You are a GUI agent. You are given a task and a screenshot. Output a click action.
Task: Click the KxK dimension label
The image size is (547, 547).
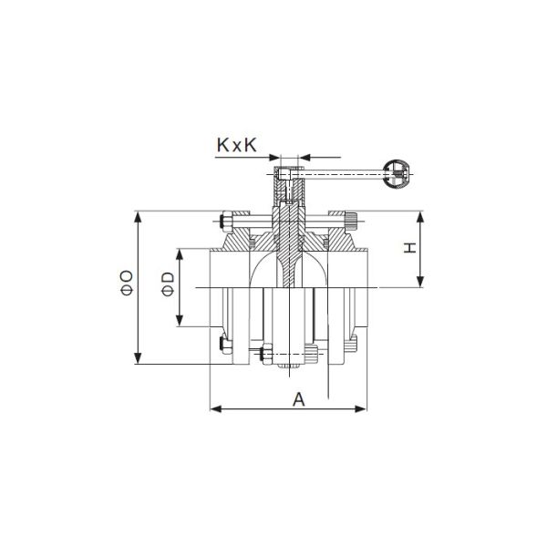click(241, 144)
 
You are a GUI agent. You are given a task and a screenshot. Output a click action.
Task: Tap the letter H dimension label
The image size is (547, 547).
click(411, 248)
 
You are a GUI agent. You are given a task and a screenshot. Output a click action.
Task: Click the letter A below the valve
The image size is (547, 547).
click(297, 398)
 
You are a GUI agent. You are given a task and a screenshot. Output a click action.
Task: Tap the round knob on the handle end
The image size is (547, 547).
click(398, 173)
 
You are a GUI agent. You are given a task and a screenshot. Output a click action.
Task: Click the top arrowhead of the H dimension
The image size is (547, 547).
click(422, 215)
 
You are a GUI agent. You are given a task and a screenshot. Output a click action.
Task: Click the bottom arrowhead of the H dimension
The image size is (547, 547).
click(422, 284)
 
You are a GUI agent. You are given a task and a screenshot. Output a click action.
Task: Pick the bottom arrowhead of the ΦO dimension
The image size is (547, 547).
click(138, 361)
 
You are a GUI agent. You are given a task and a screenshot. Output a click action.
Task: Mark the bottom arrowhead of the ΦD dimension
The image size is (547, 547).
click(181, 324)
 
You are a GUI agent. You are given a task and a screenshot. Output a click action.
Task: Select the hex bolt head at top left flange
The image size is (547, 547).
click(223, 222)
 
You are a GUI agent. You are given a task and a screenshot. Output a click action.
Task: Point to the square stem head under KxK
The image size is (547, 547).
click(288, 173)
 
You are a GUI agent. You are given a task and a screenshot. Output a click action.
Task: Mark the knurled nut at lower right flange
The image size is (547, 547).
click(350, 345)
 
